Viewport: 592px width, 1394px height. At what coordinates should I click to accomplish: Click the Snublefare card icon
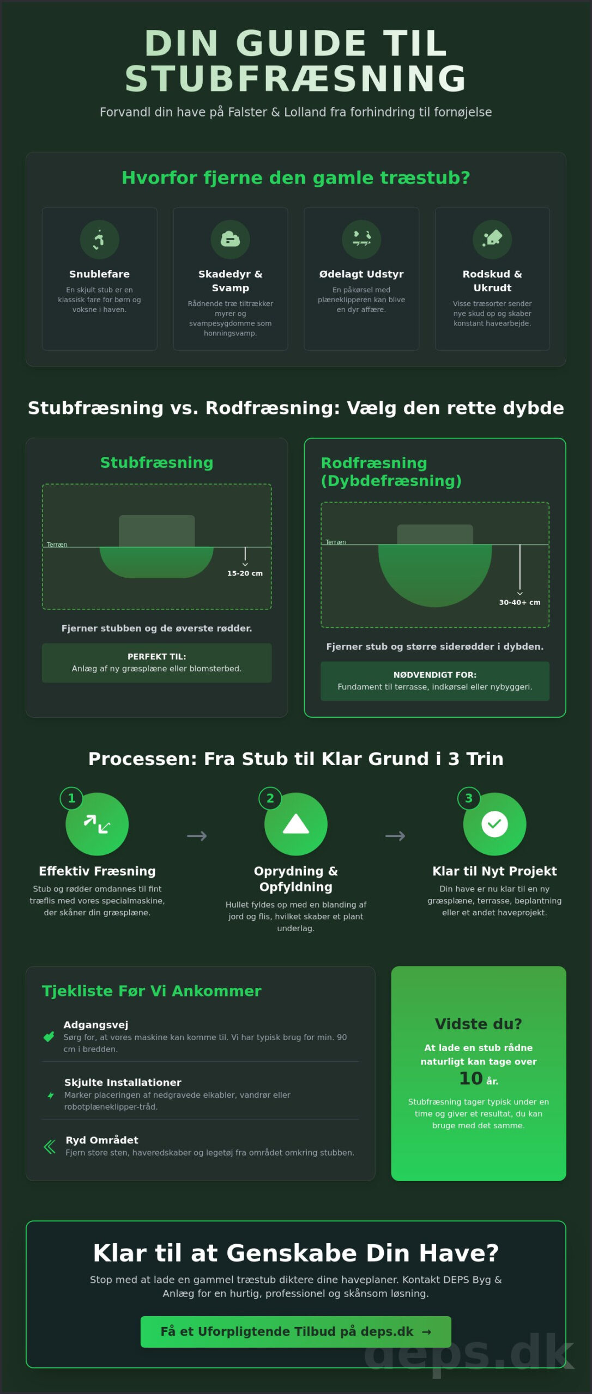pos(99,239)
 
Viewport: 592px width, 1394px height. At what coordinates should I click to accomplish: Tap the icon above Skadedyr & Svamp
pos(230,239)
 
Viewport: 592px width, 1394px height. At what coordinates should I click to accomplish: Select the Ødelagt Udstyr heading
pos(361,274)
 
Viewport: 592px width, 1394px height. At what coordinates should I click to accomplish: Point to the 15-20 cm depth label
pos(245,573)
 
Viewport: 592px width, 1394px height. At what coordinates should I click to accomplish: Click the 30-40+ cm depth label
pos(519,602)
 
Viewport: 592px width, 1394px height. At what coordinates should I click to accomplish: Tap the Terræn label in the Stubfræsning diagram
pos(57,545)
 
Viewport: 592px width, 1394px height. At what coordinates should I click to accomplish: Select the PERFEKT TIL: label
pos(156,657)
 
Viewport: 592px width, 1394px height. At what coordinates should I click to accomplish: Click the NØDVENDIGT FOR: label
pos(435,675)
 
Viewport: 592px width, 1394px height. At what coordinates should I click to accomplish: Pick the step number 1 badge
pos(71,798)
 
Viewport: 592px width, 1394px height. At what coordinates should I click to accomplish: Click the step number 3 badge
pos(469,798)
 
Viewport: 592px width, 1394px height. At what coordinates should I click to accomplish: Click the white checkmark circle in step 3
pos(494,824)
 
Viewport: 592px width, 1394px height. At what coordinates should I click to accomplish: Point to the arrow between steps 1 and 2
pos(197,836)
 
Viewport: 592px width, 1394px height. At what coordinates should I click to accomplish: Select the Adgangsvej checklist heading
pos(96,1025)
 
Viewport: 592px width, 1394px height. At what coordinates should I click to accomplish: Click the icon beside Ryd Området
pos(50,1147)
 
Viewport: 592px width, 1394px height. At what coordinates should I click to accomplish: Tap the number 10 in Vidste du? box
pos(471,1078)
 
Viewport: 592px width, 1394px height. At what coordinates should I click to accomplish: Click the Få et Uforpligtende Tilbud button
pos(296,1332)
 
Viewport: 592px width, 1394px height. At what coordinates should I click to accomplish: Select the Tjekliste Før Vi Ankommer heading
pos(152,991)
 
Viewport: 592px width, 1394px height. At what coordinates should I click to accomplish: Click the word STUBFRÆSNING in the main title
pos(296,78)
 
